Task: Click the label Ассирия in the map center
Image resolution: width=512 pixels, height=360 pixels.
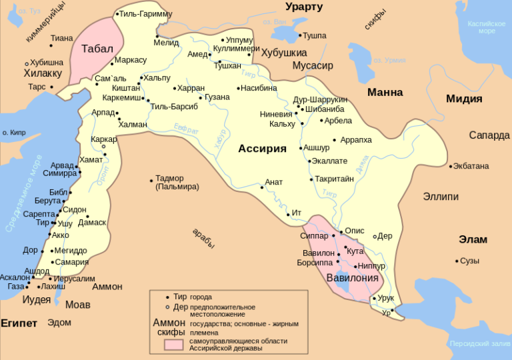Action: click(x=262, y=149)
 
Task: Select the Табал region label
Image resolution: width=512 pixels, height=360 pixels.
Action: click(x=97, y=49)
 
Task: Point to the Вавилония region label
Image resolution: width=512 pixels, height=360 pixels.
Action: click(x=352, y=277)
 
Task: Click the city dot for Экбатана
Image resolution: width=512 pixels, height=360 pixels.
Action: click(x=451, y=166)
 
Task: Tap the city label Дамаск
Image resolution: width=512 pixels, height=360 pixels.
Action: click(x=92, y=222)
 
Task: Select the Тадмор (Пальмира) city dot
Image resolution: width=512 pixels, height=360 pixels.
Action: click(x=151, y=179)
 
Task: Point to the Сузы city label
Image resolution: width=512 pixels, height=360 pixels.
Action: click(x=470, y=261)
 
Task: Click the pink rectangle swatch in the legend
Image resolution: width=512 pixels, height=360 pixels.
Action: click(x=175, y=344)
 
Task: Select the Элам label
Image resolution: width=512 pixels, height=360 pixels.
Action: click(x=473, y=239)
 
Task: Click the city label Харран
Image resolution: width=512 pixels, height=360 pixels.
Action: click(x=191, y=88)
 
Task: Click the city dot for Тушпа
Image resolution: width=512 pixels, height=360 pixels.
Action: click(x=299, y=35)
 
